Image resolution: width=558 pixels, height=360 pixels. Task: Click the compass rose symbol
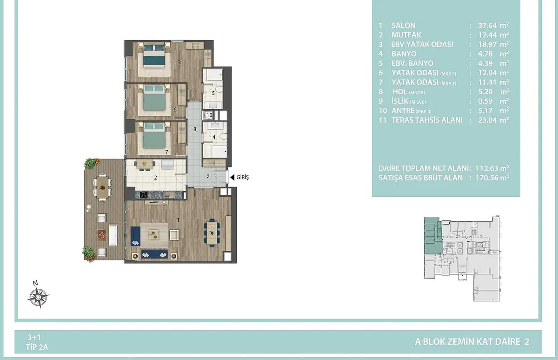click(38, 297)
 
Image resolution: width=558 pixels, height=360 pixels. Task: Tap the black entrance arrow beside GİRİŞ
click(232, 177)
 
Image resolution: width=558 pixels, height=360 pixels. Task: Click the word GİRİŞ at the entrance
click(242, 177)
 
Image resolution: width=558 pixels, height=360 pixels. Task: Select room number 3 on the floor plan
click(179, 62)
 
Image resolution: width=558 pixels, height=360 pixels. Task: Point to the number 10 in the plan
click(209, 115)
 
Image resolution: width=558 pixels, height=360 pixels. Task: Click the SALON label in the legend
click(403, 26)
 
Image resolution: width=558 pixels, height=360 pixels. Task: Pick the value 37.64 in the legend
click(487, 26)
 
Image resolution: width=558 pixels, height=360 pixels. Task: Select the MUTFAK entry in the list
click(406, 35)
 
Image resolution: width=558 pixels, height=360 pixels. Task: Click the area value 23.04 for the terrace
click(487, 120)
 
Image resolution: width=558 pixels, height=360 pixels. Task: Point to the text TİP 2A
click(37, 347)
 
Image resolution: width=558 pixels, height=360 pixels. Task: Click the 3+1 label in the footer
click(34, 337)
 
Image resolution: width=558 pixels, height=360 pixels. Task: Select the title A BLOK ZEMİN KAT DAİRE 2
click(472, 341)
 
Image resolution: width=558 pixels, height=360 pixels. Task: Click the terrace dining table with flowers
click(102, 187)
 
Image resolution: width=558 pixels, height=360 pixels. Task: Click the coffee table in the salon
click(154, 235)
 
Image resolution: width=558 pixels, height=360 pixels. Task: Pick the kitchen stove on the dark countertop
click(144, 195)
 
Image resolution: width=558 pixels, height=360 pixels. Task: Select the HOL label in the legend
click(400, 92)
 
